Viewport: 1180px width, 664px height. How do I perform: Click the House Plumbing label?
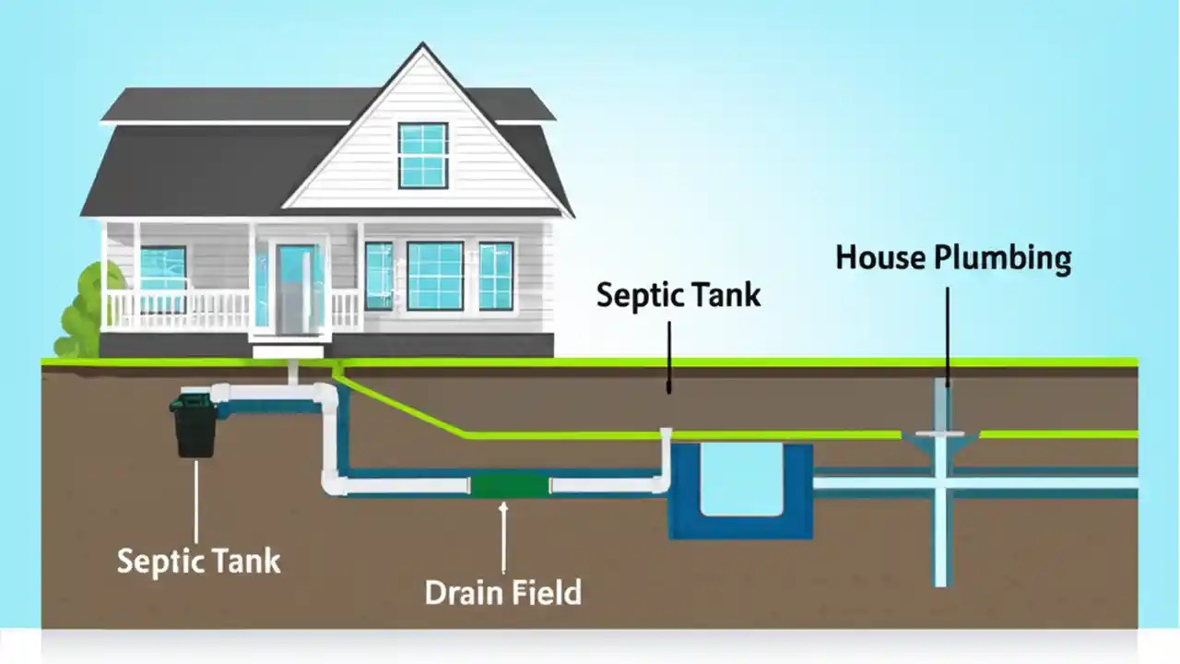[x=953, y=258]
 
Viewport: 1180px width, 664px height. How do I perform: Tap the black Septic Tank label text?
[x=678, y=295]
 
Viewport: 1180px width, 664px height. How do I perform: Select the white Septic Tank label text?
[x=198, y=560]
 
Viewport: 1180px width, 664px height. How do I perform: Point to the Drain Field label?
[x=503, y=592]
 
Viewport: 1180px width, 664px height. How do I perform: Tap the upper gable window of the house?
[x=423, y=155]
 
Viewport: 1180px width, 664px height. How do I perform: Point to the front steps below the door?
[x=289, y=350]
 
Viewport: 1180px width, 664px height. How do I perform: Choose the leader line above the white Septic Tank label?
[x=195, y=498]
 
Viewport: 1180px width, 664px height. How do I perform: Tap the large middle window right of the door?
[x=435, y=276]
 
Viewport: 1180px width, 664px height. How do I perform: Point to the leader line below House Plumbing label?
[x=948, y=332]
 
